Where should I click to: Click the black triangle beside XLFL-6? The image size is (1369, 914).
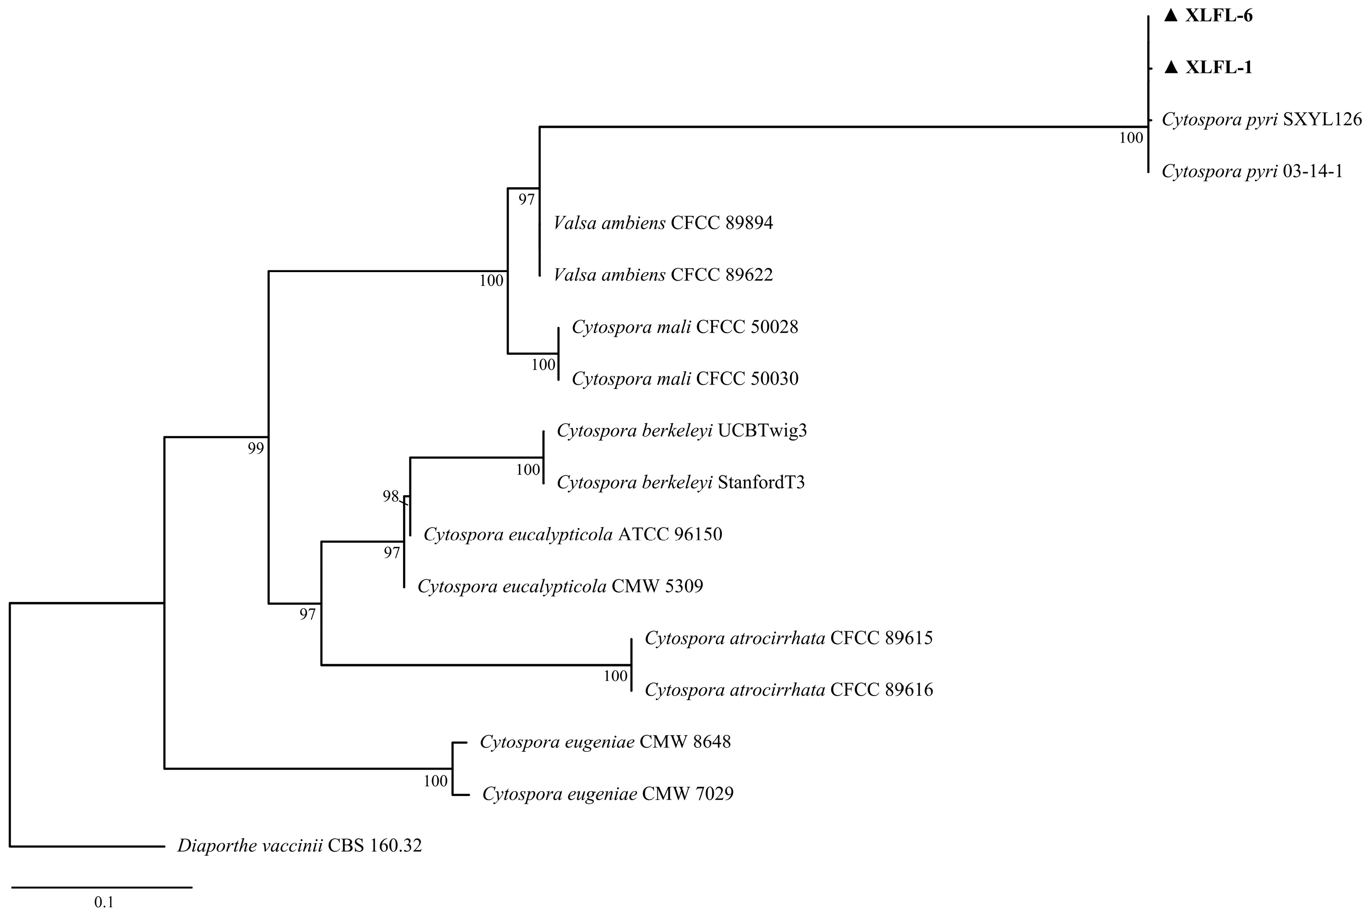coord(1171,16)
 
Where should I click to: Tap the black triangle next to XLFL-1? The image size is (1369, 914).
coord(1171,67)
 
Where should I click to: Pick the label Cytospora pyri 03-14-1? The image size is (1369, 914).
coord(1252,171)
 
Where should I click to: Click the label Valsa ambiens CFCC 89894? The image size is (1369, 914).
coord(663,223)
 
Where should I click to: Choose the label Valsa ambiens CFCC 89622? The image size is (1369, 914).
coord(663,274)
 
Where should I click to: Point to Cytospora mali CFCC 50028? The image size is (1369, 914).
coord(685,327)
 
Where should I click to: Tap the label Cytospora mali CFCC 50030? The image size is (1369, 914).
coord(685,379)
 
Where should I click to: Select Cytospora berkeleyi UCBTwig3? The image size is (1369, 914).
coord(682,431)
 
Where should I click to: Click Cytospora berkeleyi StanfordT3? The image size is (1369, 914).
coord(681,483)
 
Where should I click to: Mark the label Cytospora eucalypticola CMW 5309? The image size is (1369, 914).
coord(560,586)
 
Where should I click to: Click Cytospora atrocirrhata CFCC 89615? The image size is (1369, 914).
coord(788,638)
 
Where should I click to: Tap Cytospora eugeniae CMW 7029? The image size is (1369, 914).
coord(608,794)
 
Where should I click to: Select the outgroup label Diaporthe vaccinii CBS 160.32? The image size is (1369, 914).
coord(300,846)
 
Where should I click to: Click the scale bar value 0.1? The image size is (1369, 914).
coord(104,902)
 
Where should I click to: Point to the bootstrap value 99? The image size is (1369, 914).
coord(256,448)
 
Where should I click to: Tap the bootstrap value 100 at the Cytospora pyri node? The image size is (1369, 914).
coord(1131,138)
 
